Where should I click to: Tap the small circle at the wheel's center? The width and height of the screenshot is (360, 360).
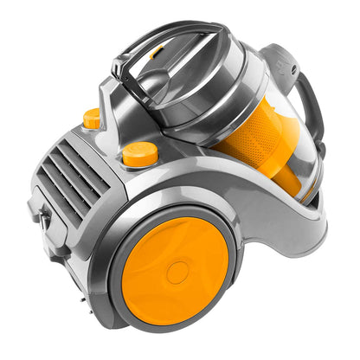pyautogui.click(x=177, y=273)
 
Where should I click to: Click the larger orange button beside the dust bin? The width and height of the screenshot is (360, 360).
pyautogui.click(x=139, y=154)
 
